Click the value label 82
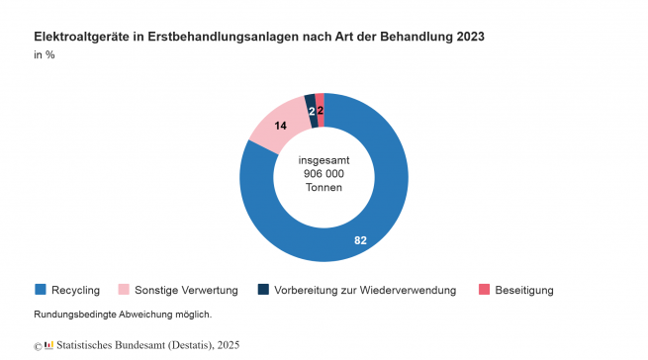pyautogui.click(x=361, y=240)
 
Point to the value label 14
pyautogui.click(x=281, y=126)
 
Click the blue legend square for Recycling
pyautogui.click(x=41, y=290)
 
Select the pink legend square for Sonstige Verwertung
pyautogui.click(x=124, y=290)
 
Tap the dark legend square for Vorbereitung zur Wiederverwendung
pyautogui.click(x=263, y=290)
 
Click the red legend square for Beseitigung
pyautogui.click(x=485, y=290)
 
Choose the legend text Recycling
pyautogui.click(x=75, y=290)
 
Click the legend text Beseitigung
pyautogui.click(x=525, y=290)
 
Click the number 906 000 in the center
pyautogui.click(x=324, y=174)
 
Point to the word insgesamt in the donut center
pyautogui.click(x=324, y=159)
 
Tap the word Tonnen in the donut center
pyautogui.click(x=324, y=189)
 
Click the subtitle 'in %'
pyautogui.click(x=45, y=54)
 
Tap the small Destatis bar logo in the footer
pyautogui.click(x=48, y=345)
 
